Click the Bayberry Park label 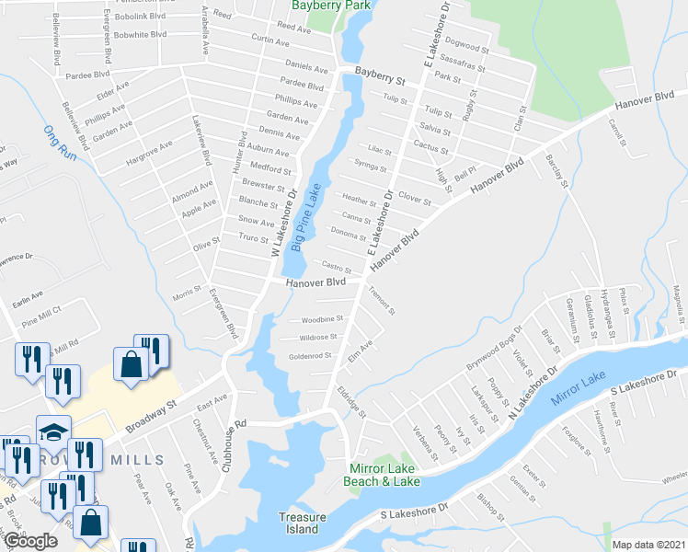click(329, 6)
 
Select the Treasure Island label click(303, 523)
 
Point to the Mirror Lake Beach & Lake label click(384, 475)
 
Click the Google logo click(30, 541)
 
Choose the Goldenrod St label click(309, 356)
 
